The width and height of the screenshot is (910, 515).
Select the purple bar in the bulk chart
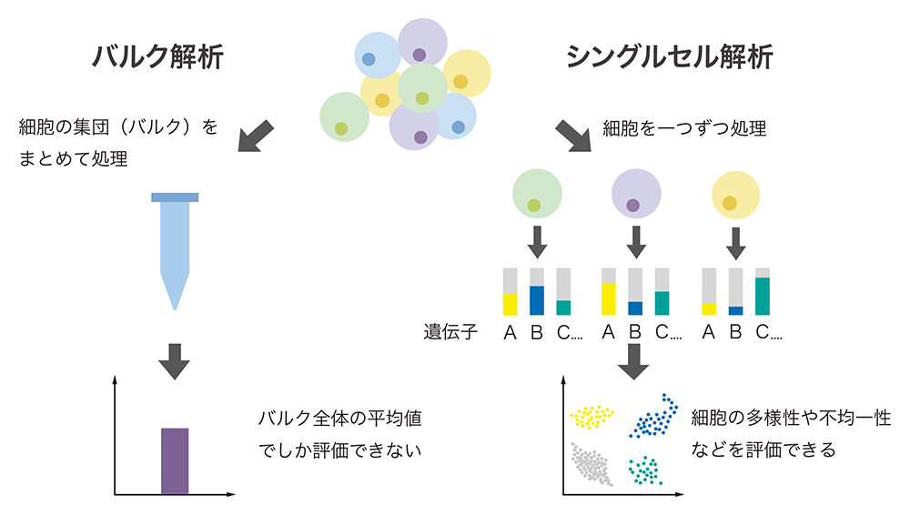175,460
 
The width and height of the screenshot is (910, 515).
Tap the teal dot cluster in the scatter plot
644,470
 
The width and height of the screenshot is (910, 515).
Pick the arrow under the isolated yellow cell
736,242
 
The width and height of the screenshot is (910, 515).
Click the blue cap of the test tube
175,197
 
